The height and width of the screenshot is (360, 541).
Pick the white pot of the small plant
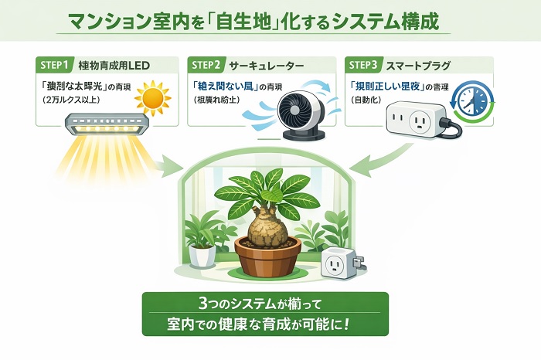pos(203,256)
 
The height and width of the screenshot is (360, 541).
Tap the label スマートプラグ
pos(419,65)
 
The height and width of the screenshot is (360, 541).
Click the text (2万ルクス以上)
pos(77,99)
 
